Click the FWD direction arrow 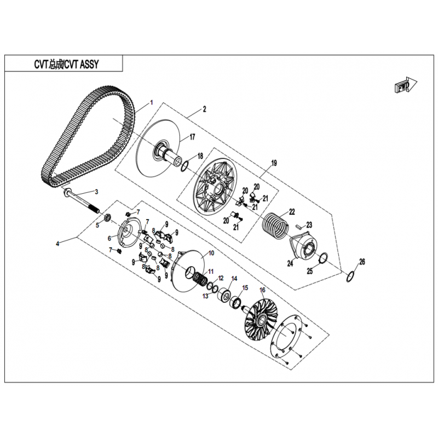click(406, 84)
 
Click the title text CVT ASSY click(82, 64)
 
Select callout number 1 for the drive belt click(152, 102)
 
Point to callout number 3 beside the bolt click(97, 192)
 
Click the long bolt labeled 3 click(83, 203)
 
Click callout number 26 click(362, 262)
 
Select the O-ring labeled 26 click(350, 276)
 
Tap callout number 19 click(274, 163)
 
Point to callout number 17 click(192, 137)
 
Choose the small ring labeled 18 click(185, 166)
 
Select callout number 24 click(290, 263)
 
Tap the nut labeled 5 click(107, 218)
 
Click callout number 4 click(57, 244)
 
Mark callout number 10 click(211, 253)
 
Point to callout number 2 click(204, 109)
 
